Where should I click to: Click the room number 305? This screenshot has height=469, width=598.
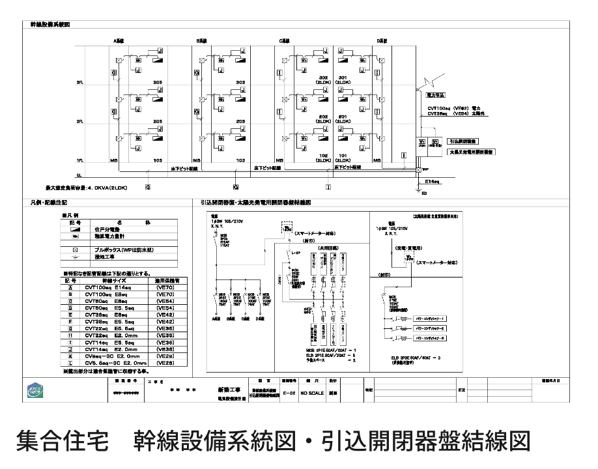click(157, 82)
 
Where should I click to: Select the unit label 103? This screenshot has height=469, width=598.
click(240, 160)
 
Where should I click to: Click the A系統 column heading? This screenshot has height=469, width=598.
click(119, 40)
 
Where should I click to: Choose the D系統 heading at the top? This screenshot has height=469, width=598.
click(382, 40)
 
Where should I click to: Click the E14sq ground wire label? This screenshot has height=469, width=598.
click(433, 182)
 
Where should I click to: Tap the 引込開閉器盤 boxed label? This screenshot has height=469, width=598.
click(464, 141)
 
